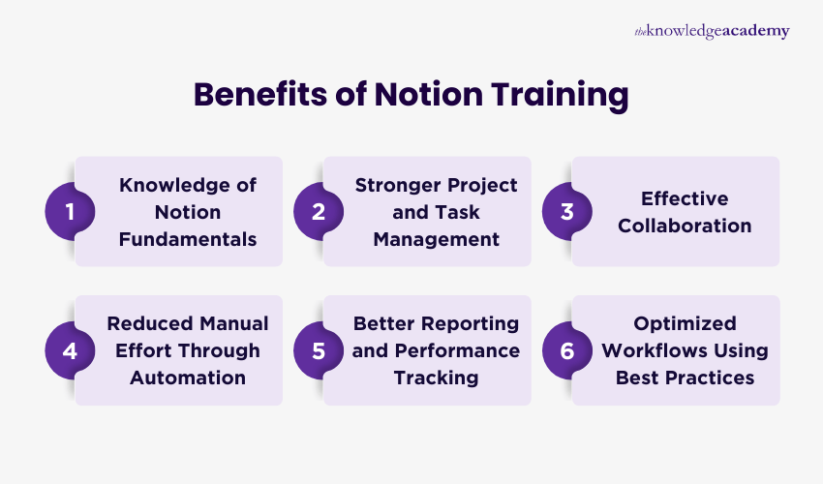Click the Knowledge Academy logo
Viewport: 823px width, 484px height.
pyautogui.click(x=712, y=32)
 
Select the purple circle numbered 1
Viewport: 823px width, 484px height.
pyautogui.click(x=70, y=211)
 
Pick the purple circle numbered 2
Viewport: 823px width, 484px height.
pyautogui.click(x=318, y=211)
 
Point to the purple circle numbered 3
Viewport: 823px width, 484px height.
pyautogui.click(x=566, y=211)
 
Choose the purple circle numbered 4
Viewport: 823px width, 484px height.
pyautogui.click(x=70, y=350)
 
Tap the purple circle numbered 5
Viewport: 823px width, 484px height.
pyautogui.click(x=318, y=350)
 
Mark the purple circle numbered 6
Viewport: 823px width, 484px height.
pyautogui.click(x=566, y=350)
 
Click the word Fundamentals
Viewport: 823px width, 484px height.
pyautogui.click(x=188, y=238)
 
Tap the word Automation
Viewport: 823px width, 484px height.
pyautogui.click(x=188, y=378)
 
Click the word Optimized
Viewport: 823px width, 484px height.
pyautogui.click(x=686, y=323)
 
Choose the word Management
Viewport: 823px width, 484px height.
pyautogui.click(x=436, y=238)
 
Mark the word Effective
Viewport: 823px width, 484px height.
pyautogui.click(x=685, y=198)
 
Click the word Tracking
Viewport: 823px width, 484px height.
pyautogui.click(x=436, y=378)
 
